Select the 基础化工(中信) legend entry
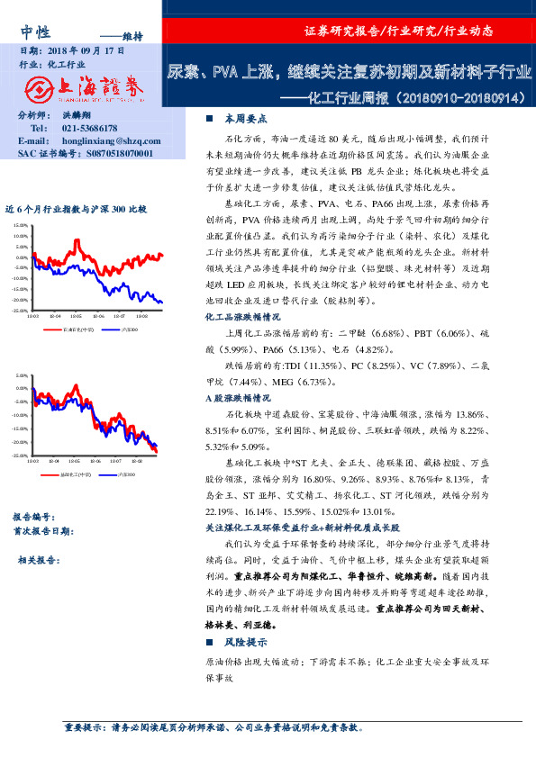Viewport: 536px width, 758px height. coord(76,474)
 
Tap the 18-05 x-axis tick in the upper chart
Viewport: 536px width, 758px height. coord(77,316)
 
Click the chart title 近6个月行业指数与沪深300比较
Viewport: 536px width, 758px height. coord(76,208)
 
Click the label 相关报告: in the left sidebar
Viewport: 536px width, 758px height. coord(39,560)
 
